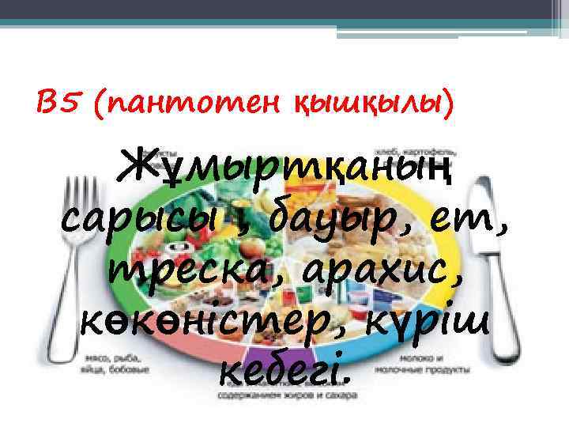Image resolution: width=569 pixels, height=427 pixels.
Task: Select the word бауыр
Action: (x=324, y=213)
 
